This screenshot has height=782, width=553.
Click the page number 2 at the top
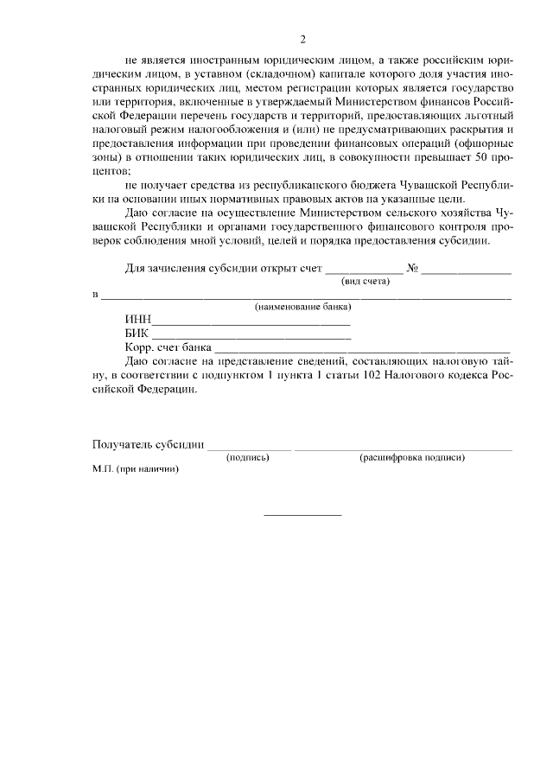click(x=302, y=40)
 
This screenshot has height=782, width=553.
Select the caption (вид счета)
click(x=365, y=282)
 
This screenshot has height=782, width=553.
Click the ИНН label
click(x=137, y=321)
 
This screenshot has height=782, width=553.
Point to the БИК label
click(x=137, y=334)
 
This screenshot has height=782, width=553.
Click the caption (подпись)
click(x=247, y=457)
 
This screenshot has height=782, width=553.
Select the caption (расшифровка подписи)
click(x=412, y=457)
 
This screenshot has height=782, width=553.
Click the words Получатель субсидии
click(x=148, y=445)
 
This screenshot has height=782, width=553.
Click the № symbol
click(x=412, y=269)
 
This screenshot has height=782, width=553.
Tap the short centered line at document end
click(x=302, y=515)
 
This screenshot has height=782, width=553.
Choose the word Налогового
click(x=415, y=375)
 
